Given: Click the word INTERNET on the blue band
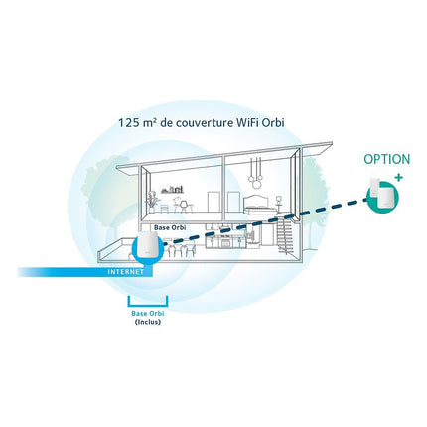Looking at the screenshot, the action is pos(126,272).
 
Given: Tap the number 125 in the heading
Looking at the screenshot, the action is pos(126,123).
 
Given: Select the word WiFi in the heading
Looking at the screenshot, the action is pos(247,123).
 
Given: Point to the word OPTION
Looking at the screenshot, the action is pos(386,159).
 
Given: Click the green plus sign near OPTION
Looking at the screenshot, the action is pos(399,178).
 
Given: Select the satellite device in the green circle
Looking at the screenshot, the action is pos(382,196).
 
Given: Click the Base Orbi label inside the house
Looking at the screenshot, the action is pos(170,228).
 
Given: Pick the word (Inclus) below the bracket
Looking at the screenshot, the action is pos(148,322).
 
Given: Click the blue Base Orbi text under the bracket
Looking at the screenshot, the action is pos(148,313).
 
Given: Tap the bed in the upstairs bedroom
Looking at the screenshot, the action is pos(260,204).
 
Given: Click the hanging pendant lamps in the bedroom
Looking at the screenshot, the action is pos(255,170).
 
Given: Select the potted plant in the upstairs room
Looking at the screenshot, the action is pos(153,202).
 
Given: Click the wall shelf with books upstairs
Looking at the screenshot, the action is pos(172,190).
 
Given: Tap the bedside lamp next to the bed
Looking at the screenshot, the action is pos(279,202).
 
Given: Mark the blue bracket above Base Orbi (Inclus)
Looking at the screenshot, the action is pos(148,305).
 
